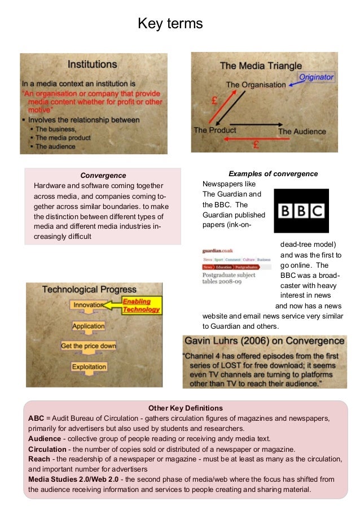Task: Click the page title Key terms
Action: click(x=170, y=24)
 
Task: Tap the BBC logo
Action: click(x=301, y=211)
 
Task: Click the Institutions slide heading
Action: click(x=93, y=64)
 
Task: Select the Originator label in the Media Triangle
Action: click(x=316, y=77)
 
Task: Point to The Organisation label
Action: click(x=256, y=85)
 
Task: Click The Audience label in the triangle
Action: click(x=302, y=131)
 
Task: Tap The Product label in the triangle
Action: click(x=215, y=130)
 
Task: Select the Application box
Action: click(x=89, y=326)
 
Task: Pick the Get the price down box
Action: click(x=89, y=346)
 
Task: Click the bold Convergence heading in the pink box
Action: click(x=103, y=176)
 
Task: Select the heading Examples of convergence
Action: click(x=273, y=173)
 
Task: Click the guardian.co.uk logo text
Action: click(x=218, y=250)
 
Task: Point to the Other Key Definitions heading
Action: click(x=185, y=408)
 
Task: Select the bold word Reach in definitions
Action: click(x=39, y=459)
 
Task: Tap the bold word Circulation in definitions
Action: click(x=47, y=448)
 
